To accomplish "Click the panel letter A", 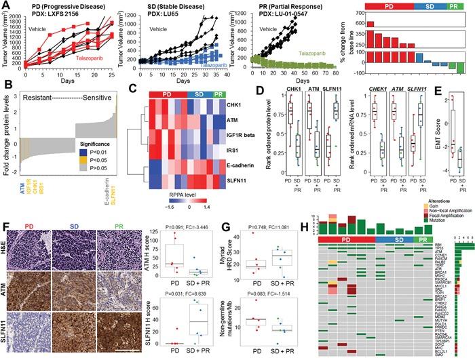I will pos(6,5).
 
